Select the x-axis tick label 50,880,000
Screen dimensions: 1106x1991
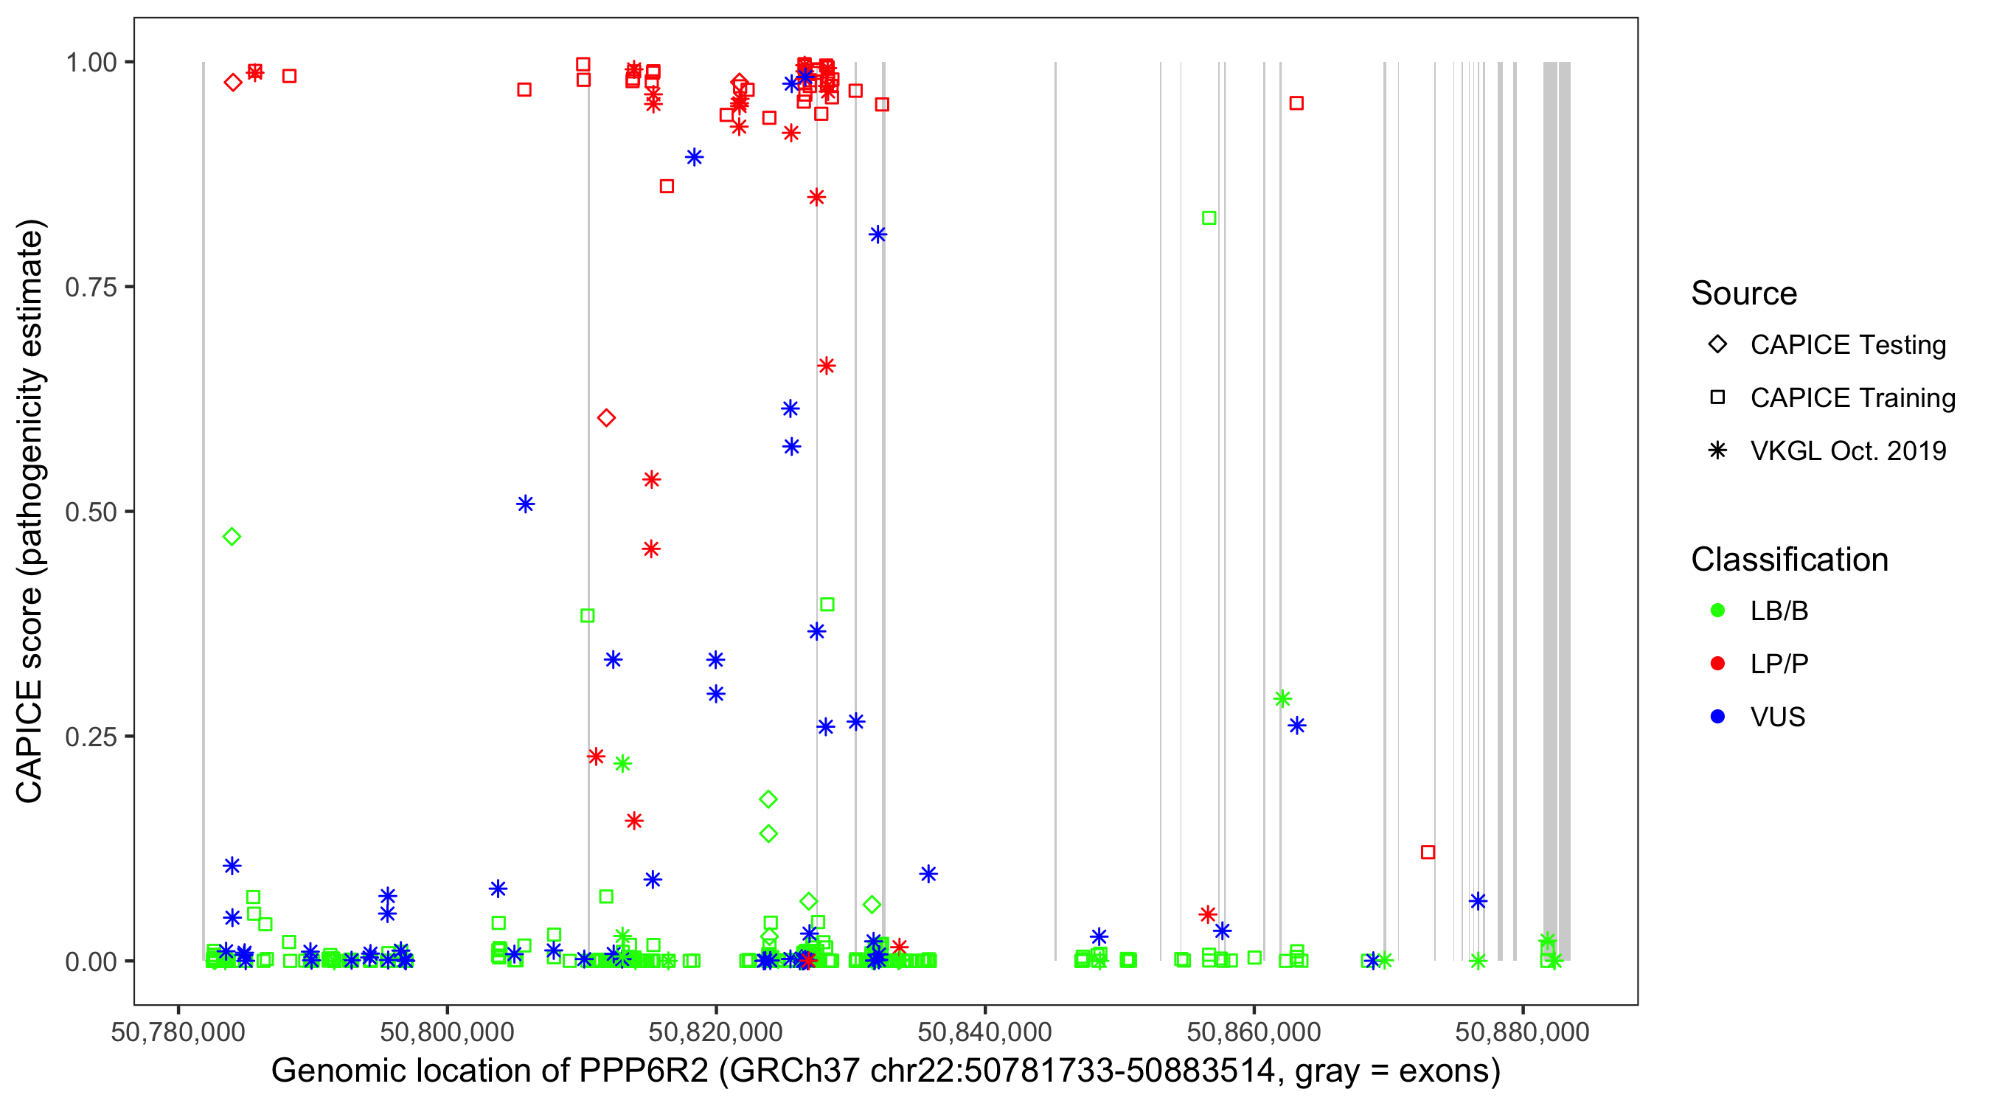click(x=1522, y=1032)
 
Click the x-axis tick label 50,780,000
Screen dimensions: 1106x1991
click(x=178, y=1032)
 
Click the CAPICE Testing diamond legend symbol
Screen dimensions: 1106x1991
click(x=1717, y=345)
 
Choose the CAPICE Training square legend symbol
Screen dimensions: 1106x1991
click(x=1717, y=398)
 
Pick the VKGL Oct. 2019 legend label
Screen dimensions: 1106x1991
click(x=1848, y=451)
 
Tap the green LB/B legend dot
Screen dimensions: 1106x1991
click(x=1717, y=611)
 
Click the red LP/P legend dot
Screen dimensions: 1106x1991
click(x=1717, y=664)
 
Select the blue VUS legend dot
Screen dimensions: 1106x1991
click(x=1717, y=717)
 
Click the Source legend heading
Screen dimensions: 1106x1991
click(x=1744, y=293)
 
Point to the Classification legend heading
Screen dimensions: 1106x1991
click(x=1789, y=560)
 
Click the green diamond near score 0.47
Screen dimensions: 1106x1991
click(x=232, y=536)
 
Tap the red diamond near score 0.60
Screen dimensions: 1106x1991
click(x=606, y=418)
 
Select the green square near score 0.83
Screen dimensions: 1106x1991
click(x=1209, y=218)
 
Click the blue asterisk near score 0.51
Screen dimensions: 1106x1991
click(x=525, y=504)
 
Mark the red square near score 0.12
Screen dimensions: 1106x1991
click(x=1428, y=852)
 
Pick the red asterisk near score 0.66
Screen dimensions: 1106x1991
click(x=826, y=366)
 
